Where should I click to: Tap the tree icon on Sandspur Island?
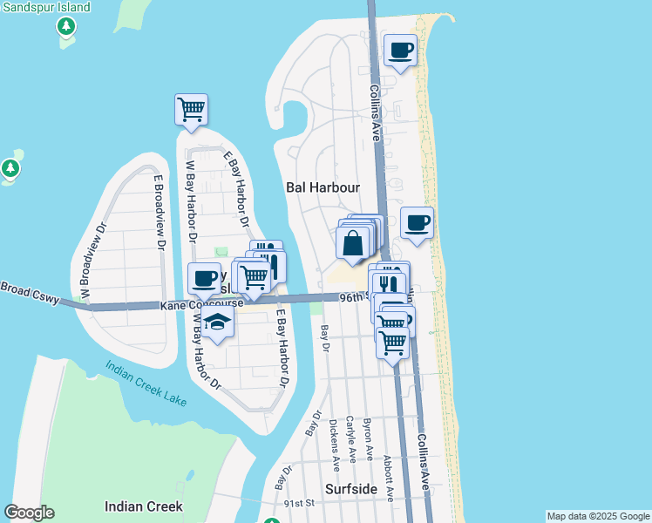[x=65, y=26]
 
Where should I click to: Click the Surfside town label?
[x=352, y=489]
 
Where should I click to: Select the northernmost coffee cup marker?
[x=400, y=51]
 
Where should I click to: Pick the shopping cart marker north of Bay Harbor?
[x=191, y=110]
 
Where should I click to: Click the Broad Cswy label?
[x=30, y=293]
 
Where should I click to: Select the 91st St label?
[x=299, y=503]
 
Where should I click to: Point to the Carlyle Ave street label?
[x=350, y=438]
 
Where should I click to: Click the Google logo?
[x=29, y=513]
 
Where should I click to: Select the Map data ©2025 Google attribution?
[x=598, y=516]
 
